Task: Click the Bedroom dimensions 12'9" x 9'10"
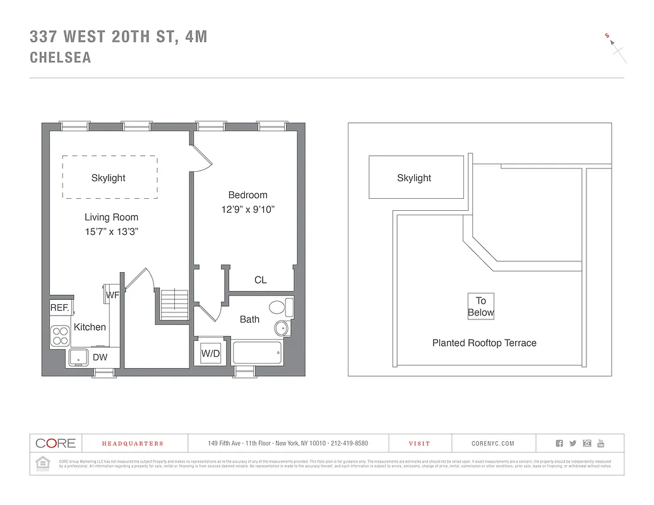tap(248, 209)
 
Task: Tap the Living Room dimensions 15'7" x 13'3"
tap(111, 232)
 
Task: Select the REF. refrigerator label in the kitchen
tap(59, 308)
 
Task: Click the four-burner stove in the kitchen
tap(61, 335)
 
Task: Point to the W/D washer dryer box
tap(210, 354)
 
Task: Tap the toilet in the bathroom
tap(281, 307)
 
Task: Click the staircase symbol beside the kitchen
tap(169, 304)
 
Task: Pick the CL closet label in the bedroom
tap(260, 280)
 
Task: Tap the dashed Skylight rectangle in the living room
tap(109, 177)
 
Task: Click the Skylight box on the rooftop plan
tap(415, 178)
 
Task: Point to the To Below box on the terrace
tap(480, 307)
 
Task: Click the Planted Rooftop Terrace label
tap(484, 343)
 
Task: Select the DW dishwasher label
tap(100, 357)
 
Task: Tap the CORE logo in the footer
tap(56, 443)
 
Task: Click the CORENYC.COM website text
tap(493, 444)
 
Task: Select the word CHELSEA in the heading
tap(61, 57)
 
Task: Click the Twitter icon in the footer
tap(573, 444)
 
